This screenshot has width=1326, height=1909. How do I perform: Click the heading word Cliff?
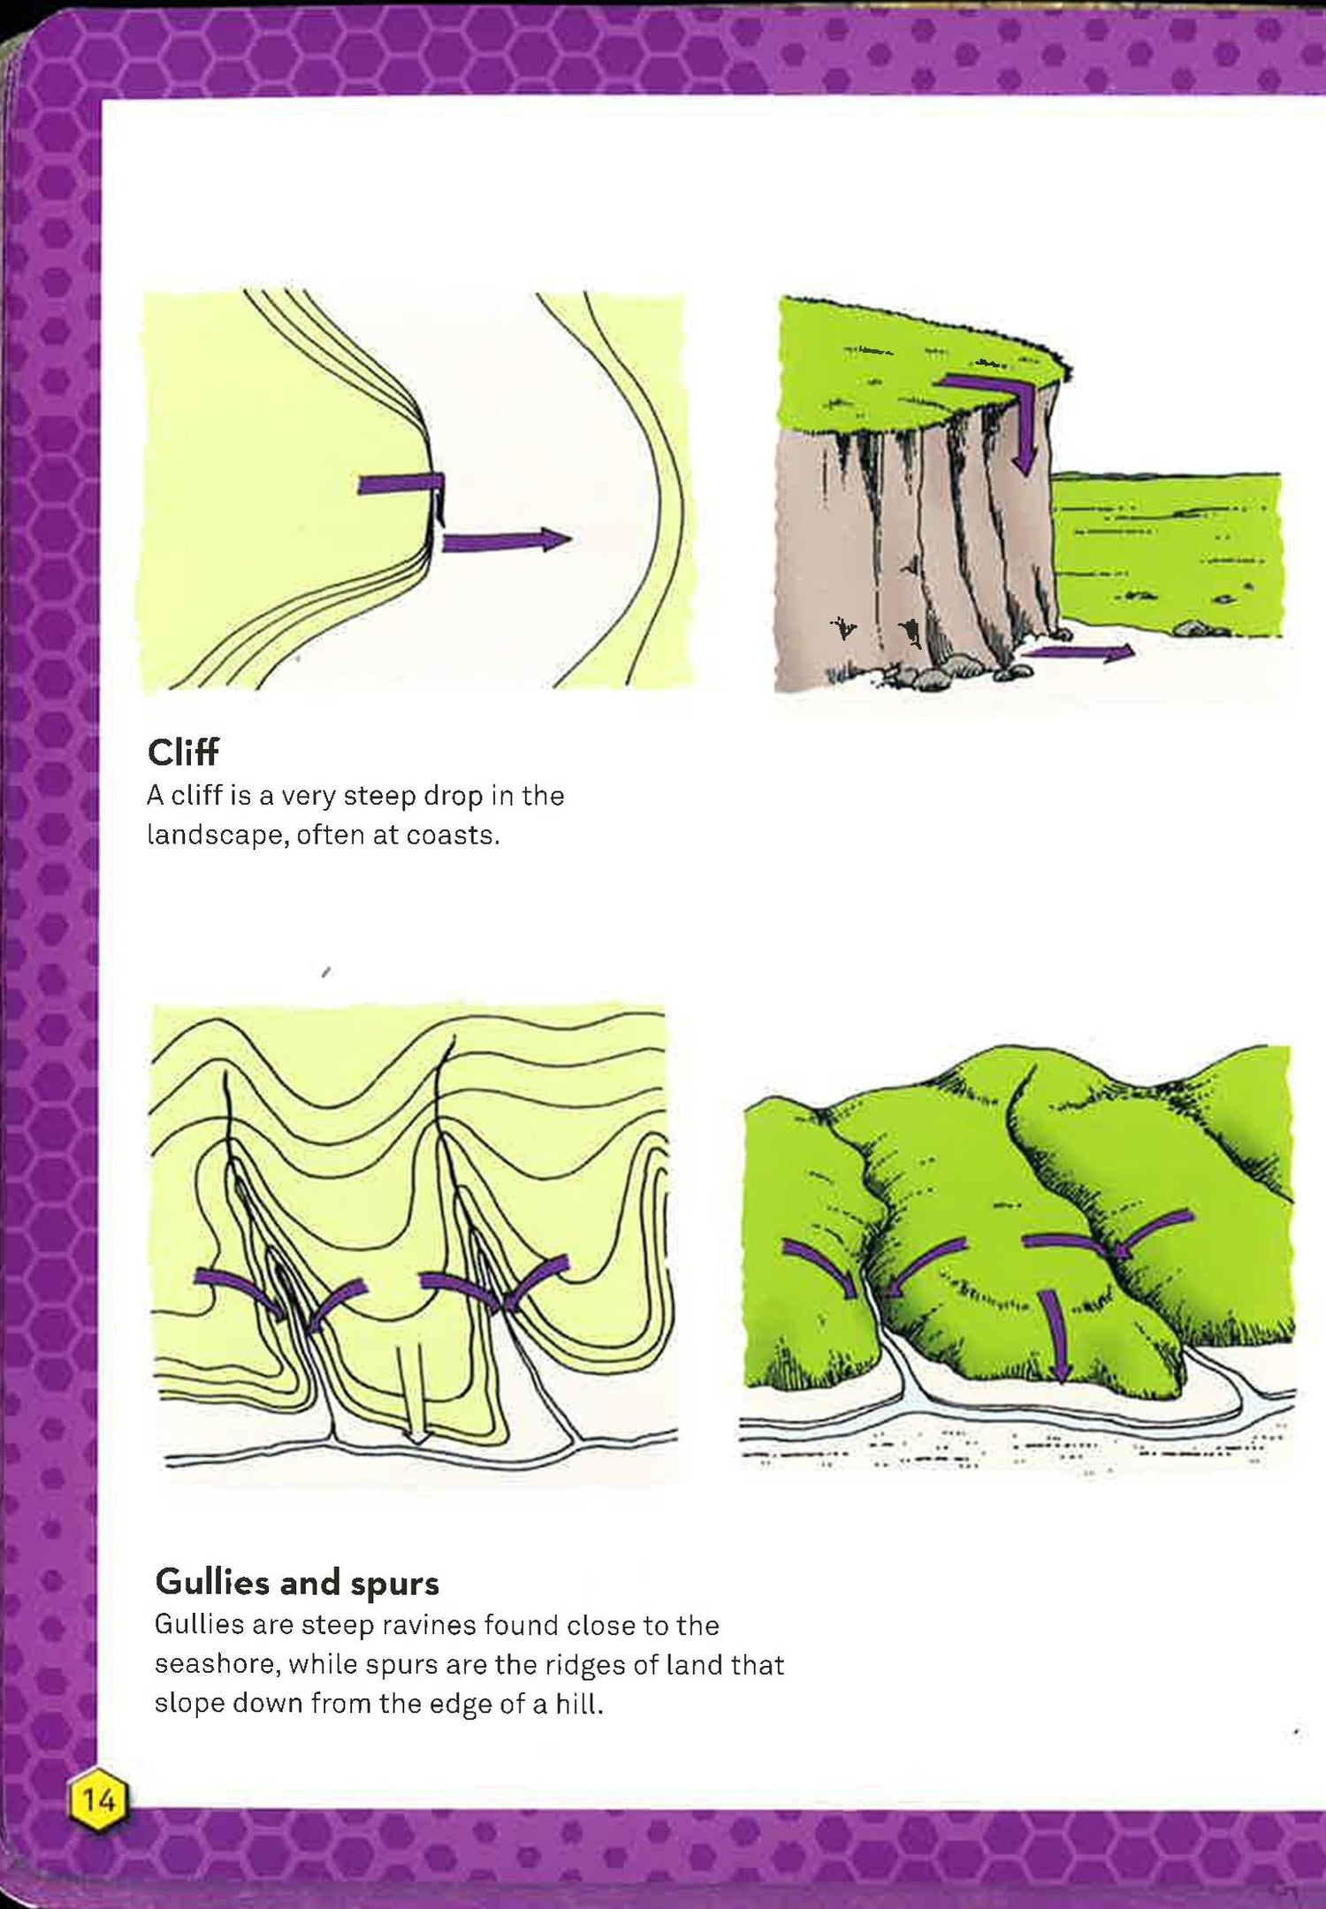pyautogui.click(x=183, y=752)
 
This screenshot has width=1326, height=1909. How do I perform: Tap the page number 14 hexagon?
pyautogui.click(x=98, y=1798)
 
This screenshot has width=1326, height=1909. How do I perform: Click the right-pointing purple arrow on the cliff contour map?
pyautogui.click(x=507, y=540)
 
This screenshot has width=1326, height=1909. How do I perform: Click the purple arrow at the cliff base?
pyautogui.click(x=1083, y=653)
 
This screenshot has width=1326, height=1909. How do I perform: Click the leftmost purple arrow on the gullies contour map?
pyautogui.click(x=240, y=1292)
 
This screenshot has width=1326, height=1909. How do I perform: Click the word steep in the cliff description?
pyautogui.click(x=378, y=797)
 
